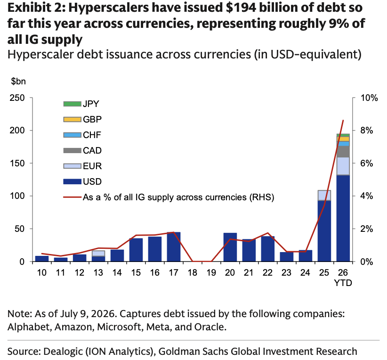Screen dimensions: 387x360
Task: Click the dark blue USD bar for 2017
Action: pos(174,246)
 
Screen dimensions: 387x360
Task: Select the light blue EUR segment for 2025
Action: pos(324,195)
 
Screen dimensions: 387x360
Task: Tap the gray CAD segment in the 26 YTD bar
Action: pos(343,151)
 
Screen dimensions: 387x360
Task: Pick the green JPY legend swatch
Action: pos(72,104)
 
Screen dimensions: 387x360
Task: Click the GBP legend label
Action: pos(92,119)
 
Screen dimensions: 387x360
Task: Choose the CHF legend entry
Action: pos(82,135)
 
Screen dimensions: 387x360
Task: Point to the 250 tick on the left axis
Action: pos(17,98)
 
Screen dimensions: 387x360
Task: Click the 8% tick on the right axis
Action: pos(366,131)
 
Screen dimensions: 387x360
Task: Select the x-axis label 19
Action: pos(211,272)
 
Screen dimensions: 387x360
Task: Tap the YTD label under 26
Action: pos(343,282)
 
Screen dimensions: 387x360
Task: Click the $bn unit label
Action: pos(18,82)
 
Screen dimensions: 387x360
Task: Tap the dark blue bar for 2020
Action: pos(230,247)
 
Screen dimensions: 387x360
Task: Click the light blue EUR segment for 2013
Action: pos(98,253)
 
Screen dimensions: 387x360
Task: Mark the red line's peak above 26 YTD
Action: pos(343,120)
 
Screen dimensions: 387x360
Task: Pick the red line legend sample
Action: pos(72,197)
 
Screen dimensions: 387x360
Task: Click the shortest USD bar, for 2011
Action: pos(60,260)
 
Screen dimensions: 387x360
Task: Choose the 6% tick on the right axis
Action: pos(366,164)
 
